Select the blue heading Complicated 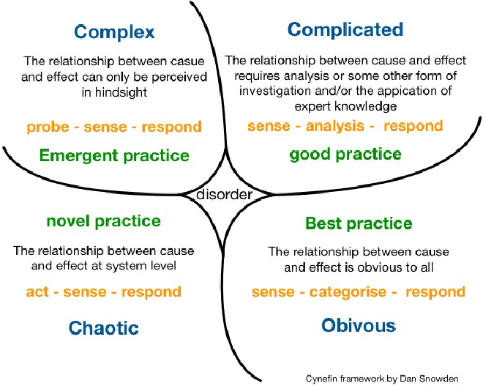(345, 29)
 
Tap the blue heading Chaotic (103, 327)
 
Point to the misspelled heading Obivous (358, 325)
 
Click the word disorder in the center (225, 195)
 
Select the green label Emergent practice (114, 155)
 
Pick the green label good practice (345, 154)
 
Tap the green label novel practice (103, 220)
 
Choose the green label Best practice (359, 223)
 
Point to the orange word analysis (335, 126)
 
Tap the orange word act (37, 292)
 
